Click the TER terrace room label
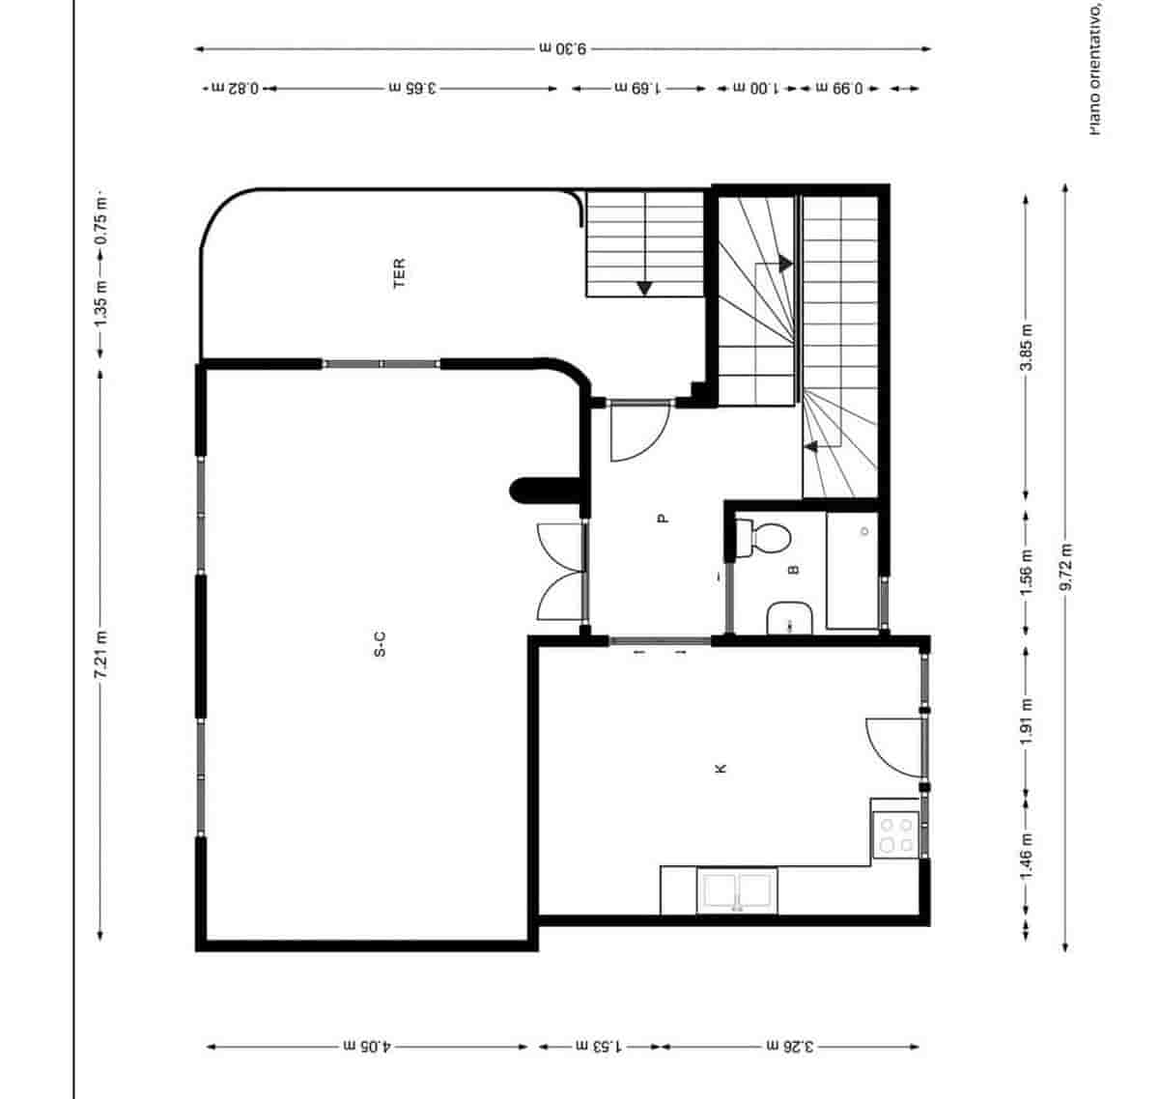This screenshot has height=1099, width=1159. tap(399, 272)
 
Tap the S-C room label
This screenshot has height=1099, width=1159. tap(380, 644)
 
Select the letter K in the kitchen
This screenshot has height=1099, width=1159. tap(720, 769)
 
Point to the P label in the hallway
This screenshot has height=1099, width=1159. tap(663, 518)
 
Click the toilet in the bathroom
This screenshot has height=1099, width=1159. tap(763, 538)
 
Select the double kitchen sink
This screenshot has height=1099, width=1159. tap(739, 890)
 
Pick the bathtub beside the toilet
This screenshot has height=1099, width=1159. tap(852, 571)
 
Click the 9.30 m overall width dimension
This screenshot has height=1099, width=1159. tap(562, 47)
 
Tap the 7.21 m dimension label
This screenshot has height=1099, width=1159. tap(100, 654)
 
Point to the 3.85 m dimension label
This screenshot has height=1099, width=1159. tap(1027, 346)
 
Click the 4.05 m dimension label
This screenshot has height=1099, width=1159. tap(367, 1046)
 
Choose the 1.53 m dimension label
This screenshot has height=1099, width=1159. tap(600, 1046)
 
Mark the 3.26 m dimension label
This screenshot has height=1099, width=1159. tap(790, 1046)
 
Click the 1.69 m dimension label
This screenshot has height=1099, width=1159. tap(637, 88)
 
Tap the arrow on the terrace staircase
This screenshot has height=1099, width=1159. tap(644, 287)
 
